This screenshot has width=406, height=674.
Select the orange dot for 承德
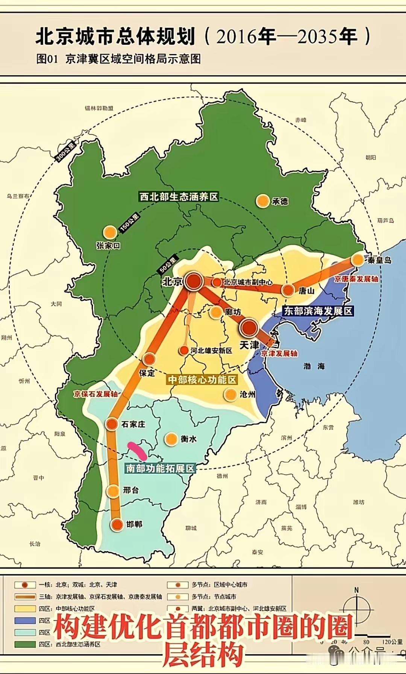[262, 201]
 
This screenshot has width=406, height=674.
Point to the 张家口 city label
[108, 246]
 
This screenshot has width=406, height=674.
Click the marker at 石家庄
[112, 424]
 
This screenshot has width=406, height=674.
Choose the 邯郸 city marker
[117, 525]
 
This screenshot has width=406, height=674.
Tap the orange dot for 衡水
[171, 439]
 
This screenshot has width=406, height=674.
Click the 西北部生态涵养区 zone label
[179, 197]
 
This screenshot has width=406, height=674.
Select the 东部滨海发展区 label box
[318, 311]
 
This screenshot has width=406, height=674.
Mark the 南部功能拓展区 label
[160, 468]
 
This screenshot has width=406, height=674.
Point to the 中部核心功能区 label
[202, 380]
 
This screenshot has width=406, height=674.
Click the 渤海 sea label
[314, 366]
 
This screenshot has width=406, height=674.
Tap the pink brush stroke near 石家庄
[137, 449]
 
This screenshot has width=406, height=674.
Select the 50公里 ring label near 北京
[167, 266]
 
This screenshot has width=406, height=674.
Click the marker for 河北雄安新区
[183, 351]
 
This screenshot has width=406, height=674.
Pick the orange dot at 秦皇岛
[358, 260]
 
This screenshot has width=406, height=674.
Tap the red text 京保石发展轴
[95, 394]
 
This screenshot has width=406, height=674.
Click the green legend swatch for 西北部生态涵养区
[25, 644]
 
